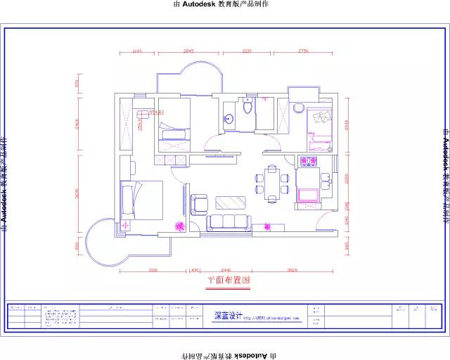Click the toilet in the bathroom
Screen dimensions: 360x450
(x=246, y=107)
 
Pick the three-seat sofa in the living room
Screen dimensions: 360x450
(x=228, y=223)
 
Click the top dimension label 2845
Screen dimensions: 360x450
(x=188, y=51)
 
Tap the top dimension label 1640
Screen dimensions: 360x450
(x=137, y=51)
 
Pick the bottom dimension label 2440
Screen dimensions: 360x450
(x=226, y=270)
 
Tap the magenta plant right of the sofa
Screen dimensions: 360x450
(x=267, y=226)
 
